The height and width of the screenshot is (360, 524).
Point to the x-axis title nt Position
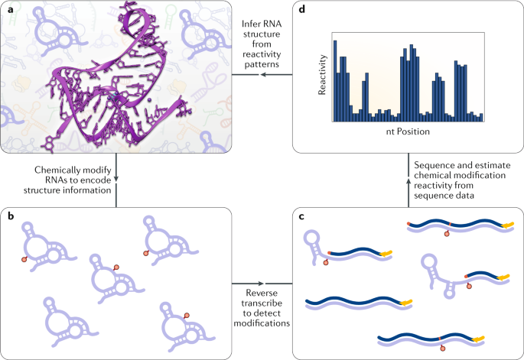pyautogui.click(x=408, y=132)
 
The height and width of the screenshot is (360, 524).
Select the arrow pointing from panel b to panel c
pyautogui.click(x=262, y=284)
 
